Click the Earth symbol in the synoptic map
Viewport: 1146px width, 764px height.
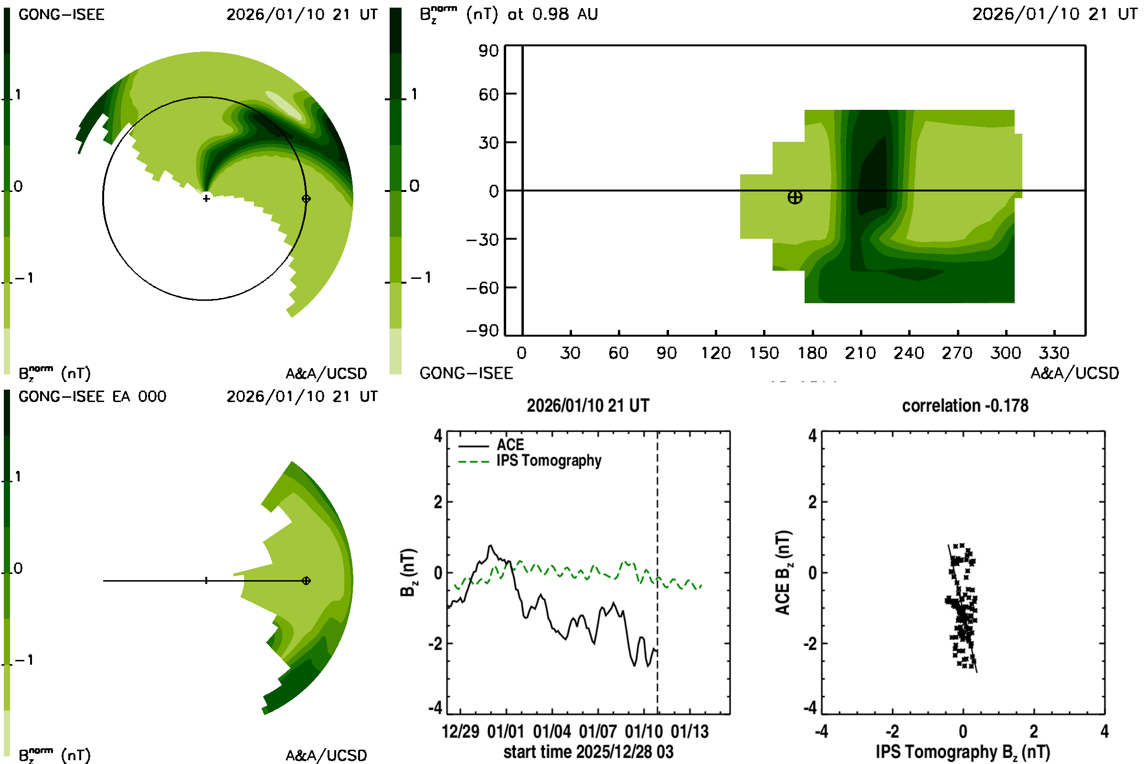[x=795, y=197]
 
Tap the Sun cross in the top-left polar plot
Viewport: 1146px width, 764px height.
[x=206, y=198]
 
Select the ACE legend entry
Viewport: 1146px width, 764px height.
[x=509, y=445]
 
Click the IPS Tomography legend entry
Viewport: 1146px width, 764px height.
[x=549, y=460]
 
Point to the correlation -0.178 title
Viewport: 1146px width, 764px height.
[x=965, y=406]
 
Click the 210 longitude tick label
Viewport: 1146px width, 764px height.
[x=860, y=353]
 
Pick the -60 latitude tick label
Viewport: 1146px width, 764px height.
[x=482, y=288]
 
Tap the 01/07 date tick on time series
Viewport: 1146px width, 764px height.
[x=597, y=732]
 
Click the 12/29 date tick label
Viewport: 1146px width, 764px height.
[x=460, y=732]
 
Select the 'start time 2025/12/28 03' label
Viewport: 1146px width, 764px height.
[x=588, y=752]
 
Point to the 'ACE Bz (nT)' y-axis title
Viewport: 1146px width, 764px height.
[x=783, y=573]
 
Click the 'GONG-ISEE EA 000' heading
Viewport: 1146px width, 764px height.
[x=92, y=397]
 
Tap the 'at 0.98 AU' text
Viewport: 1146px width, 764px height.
[x=552, y=14]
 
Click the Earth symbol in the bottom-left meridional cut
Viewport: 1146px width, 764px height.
[x=306, y=580]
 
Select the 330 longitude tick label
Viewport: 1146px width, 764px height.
[x=1054, y=353]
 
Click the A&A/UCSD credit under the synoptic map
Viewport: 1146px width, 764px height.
[x=1074, y=373]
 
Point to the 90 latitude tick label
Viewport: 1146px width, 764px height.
[x=488, y=51]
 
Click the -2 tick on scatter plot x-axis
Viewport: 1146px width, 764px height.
[x=891, y=732]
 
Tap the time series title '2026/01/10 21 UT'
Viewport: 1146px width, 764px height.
[x=588, y=406]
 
